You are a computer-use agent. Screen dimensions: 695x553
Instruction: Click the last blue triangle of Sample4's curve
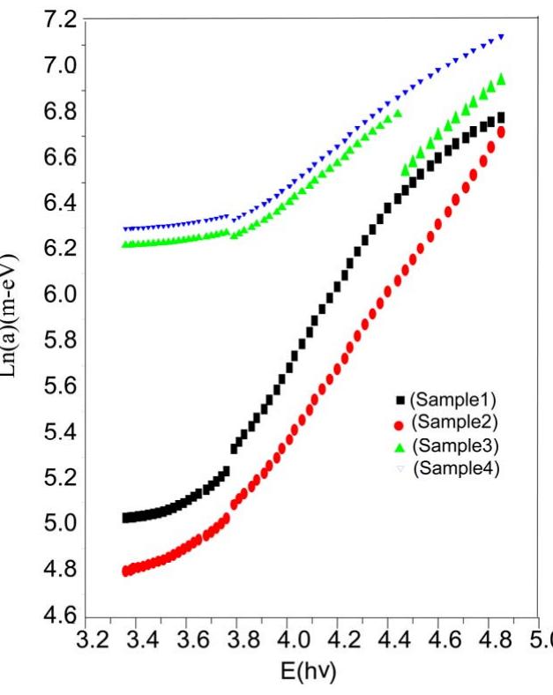501,36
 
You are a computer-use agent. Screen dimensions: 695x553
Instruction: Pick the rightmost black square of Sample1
501,117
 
